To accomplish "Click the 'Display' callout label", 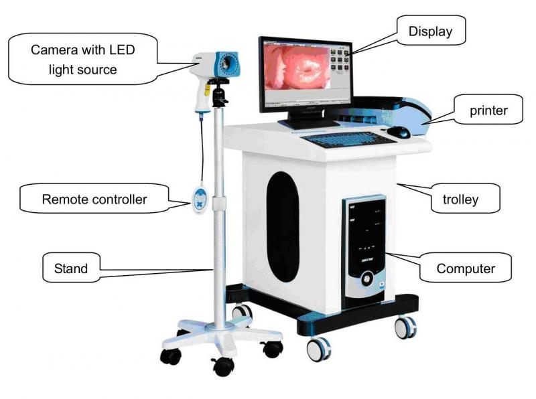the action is coord(430,31).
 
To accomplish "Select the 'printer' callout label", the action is coord(488,110).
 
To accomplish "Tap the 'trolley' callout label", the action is coord(460,199).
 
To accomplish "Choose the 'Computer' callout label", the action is coord(466,268).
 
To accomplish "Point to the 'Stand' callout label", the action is coord(71,268).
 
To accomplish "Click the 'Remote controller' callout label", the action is coord(94,199).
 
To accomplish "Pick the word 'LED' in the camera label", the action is coord(122,50).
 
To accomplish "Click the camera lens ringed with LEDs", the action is coord(226,63).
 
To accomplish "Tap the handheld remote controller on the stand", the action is coord(199,200).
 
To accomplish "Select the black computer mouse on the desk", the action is coord(399,132).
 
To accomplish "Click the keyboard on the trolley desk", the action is coord(348,140).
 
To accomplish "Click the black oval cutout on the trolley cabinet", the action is coord(283,226).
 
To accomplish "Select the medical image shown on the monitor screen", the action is coord(297,68).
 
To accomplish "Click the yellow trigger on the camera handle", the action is coord(207,90).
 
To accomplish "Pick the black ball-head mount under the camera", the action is coord(219,92).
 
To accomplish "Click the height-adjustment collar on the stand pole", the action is coord(219,204).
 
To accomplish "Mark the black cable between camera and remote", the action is coord(203,151).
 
